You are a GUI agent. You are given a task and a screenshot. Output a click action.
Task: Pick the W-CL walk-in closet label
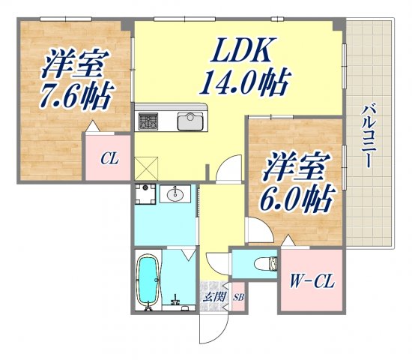(x=312, y=284)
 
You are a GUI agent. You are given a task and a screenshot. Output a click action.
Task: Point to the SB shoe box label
(x=239, y=298)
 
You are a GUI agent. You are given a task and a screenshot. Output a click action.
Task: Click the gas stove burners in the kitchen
(x=147, y=121)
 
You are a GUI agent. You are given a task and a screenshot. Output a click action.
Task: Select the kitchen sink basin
(x=190, y=121)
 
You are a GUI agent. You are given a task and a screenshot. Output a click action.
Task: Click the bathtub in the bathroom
(x=148, y=280)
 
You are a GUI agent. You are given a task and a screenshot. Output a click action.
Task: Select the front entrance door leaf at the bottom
(x=203, y=325)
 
